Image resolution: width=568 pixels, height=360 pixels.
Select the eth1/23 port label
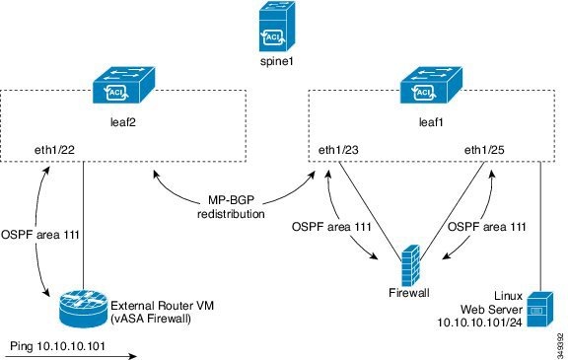click(x=338, y=150)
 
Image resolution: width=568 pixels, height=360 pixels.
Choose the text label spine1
click(x=283, y=63)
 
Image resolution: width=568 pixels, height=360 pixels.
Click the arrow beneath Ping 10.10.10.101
click(x=69, y=356)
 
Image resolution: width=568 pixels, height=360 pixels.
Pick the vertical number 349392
click(x=559, y=340)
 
